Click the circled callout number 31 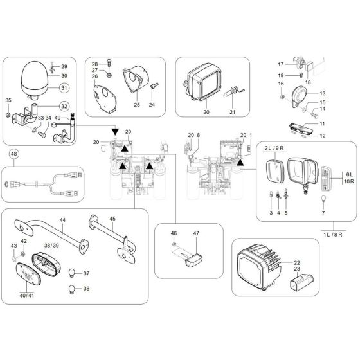(x=64, y=88)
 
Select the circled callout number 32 (x=64, y=106)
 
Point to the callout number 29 (x=64, y=67)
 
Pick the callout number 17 (x=280, y=65)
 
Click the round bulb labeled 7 (x=323, y=201)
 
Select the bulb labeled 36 (x=73, y=288)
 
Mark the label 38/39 (x=51, y=246)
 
